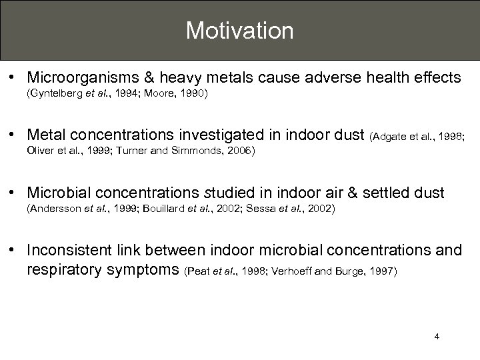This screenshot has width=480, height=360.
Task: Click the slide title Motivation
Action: (x=239, y=30)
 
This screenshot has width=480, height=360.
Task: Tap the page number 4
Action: (x=436, y=337)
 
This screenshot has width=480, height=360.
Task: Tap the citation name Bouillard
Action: (x=147, y=209)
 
